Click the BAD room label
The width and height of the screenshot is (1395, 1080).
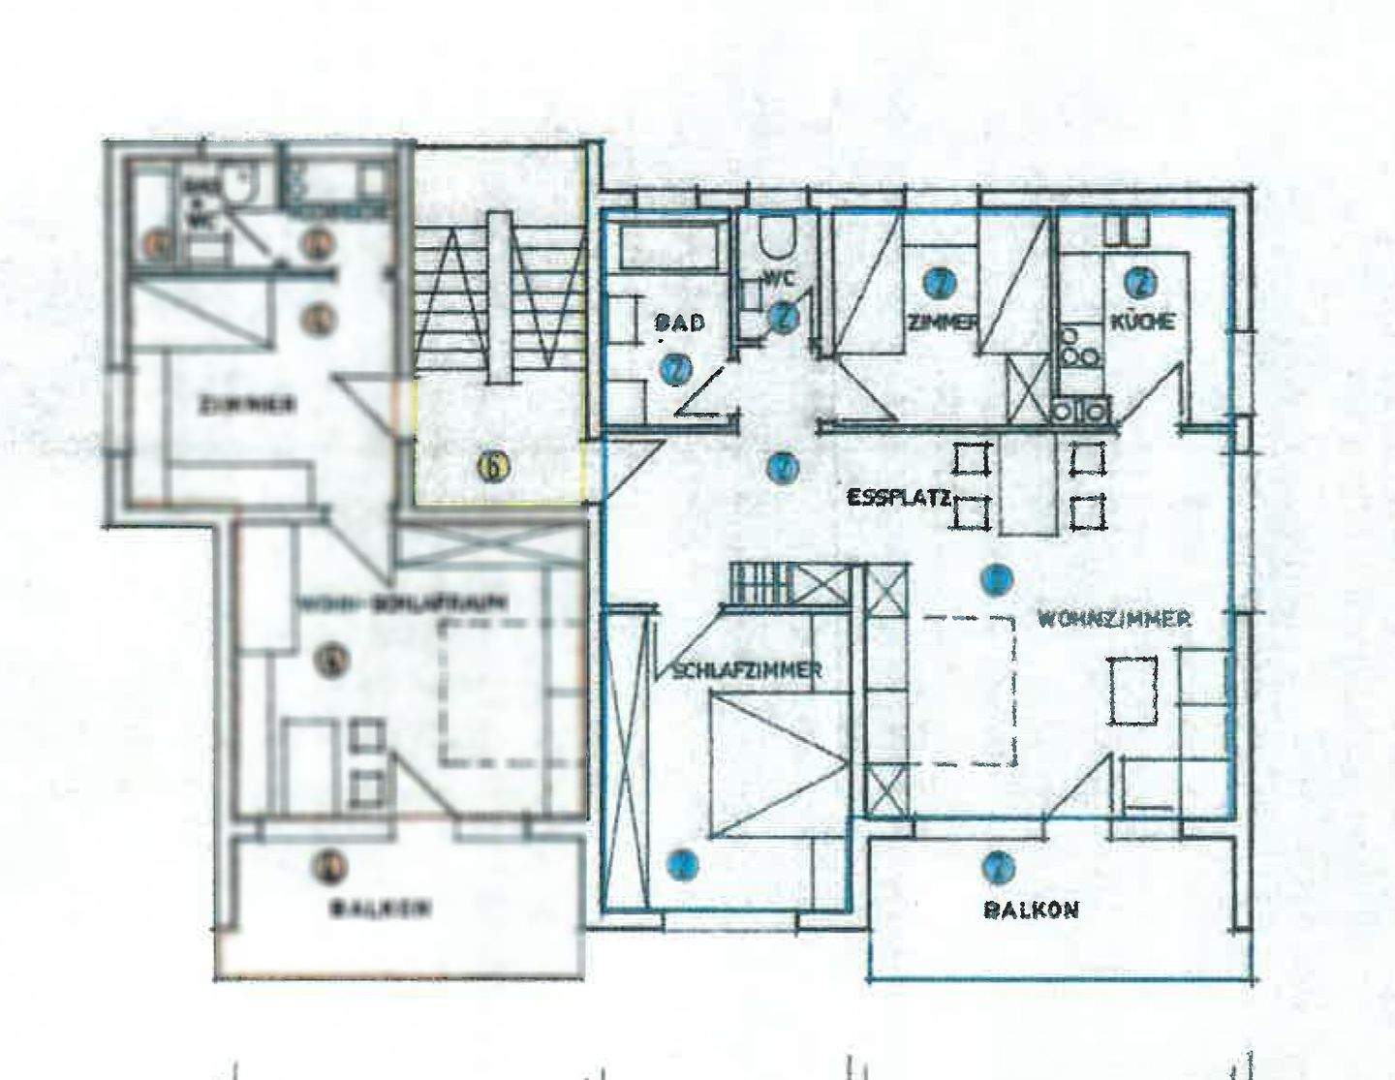tap(680, 323)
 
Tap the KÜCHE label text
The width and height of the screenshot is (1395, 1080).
tap(1143, 322)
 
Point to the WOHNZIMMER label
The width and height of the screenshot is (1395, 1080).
tap(1114, 618)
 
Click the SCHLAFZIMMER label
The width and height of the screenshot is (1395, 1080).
tap(747, 669)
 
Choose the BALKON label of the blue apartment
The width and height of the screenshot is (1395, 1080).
tap(1031, 910)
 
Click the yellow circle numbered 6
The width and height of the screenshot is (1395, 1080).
tap(493, 468)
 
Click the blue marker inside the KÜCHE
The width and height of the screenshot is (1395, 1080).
tap(1140, 282)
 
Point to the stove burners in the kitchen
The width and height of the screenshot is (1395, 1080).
tap(1079, 349)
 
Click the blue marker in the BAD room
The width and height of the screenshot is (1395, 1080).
tap(675, 369)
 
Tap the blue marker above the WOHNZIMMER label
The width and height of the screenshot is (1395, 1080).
tap(995, 579)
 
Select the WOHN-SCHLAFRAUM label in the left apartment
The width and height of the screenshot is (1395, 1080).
tap(401, 602)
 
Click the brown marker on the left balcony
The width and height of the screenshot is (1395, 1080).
tap(331, 865)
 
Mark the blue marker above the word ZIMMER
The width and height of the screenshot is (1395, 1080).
tap(938, 282)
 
